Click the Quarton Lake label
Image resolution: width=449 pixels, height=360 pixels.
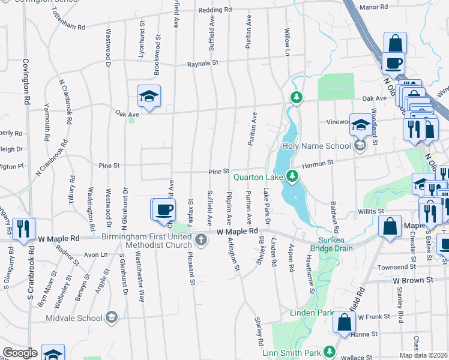click(x=258, y=176)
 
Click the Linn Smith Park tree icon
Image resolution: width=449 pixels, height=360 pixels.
click(x=329, y=351)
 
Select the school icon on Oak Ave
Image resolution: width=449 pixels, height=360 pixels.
click(x=149, y=95)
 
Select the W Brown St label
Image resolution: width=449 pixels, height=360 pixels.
click(x=413, y=280)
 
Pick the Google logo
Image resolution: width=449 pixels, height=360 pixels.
click(x=20, y=353)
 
